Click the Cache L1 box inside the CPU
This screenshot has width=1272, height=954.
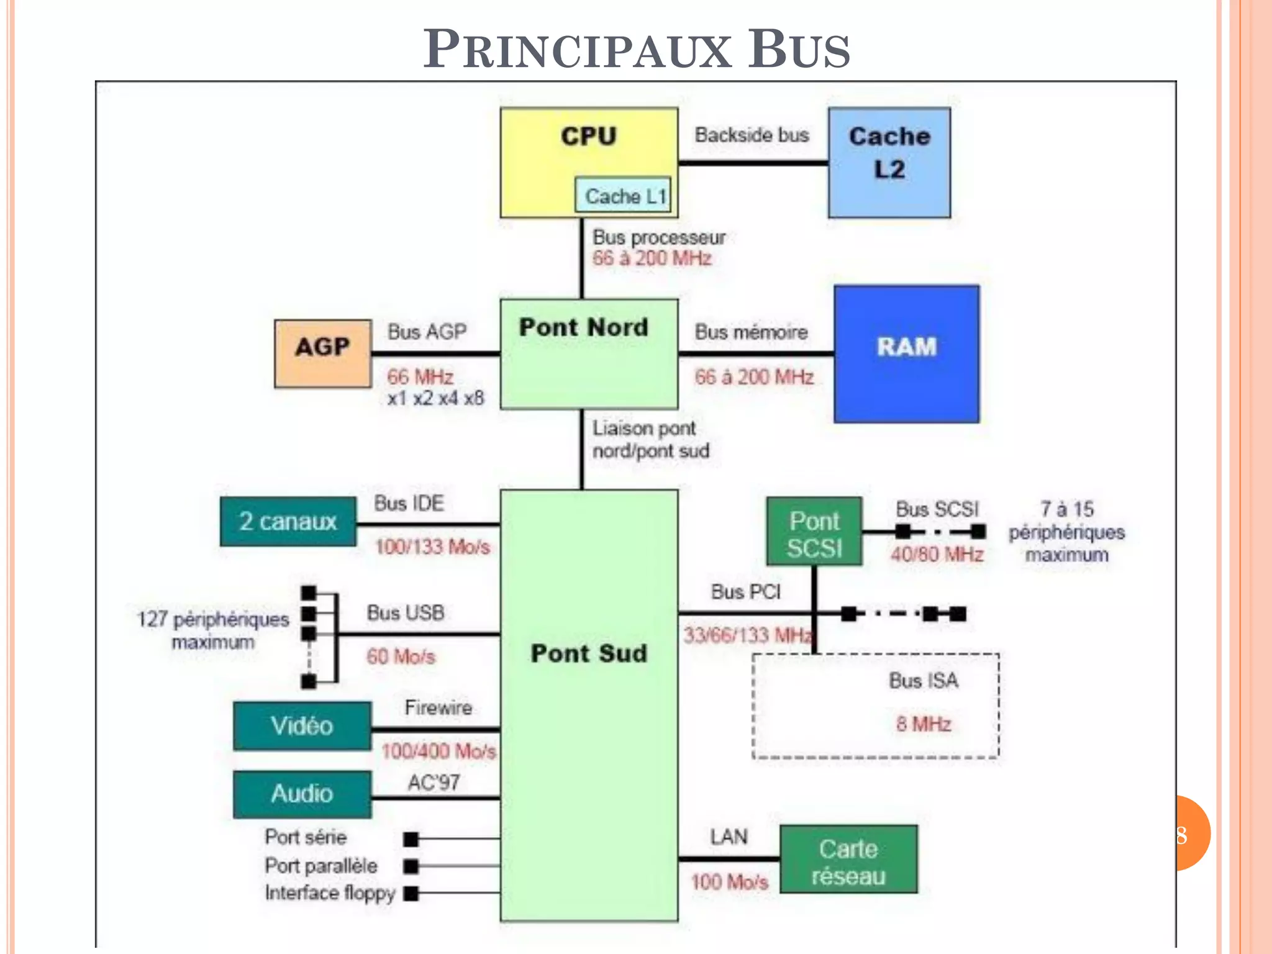(623, 196)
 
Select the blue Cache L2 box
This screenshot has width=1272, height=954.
(889, 163)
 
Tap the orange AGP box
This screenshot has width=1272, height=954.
(323, 353)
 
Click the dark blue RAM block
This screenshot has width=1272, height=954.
(906, 353)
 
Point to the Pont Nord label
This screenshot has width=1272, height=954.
(583, 327)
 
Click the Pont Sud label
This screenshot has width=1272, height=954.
(589, 653)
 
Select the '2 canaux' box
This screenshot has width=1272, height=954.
(288, 522)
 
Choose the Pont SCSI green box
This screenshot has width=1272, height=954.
(814, 532)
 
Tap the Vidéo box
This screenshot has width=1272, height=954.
(302, 726)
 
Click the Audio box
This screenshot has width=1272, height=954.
(302, 794)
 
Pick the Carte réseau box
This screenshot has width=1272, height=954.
(848, 859)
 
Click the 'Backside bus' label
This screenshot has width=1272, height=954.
(752, 135)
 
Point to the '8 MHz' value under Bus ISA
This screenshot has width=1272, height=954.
(923, 724)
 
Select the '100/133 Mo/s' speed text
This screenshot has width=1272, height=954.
(432, 547)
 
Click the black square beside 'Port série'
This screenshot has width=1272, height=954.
(411, 840)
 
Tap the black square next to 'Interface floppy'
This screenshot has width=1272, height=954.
(411, 894)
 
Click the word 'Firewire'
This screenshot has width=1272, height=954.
(438, 707)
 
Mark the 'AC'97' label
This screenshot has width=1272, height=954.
(434, 783)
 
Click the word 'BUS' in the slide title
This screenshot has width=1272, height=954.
(799, 50)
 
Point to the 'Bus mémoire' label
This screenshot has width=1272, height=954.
(751, 332)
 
